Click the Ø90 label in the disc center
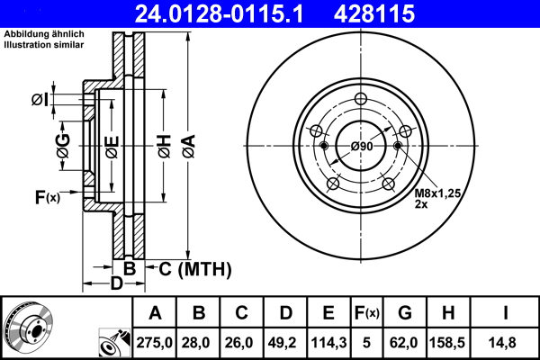point(362,146)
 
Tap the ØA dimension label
point(187,145)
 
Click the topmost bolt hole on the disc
point(361,100)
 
